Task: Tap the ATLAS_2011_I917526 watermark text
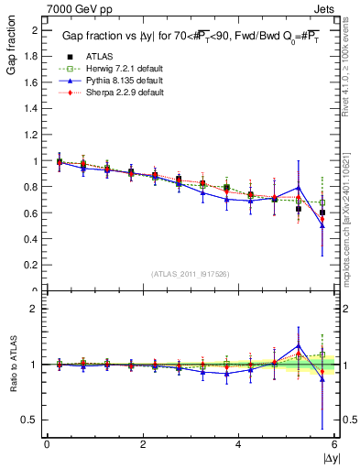click(191, 274)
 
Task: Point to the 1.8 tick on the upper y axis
click(33, 57)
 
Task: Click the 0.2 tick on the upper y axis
click(33, 266)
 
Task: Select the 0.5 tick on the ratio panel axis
click(33, 420)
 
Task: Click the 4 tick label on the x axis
click(238, 444)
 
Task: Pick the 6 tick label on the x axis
click(334, 444)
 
